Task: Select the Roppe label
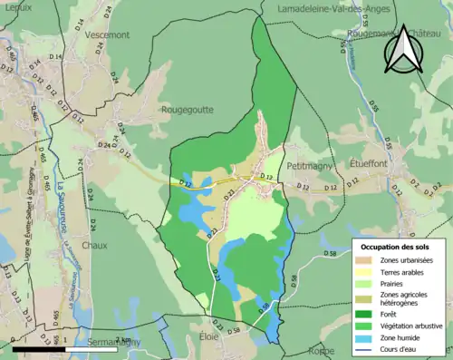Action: point(322,350)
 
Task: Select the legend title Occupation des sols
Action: point(397,246)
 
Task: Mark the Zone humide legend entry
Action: point(400,335)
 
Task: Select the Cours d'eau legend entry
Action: point(400,345)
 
